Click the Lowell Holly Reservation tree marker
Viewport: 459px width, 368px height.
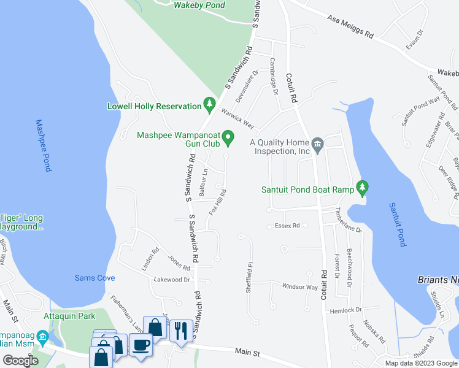click(x=209, y=106)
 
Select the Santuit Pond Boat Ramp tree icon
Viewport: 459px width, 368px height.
click(x=363, y=189)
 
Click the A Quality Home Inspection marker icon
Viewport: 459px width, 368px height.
click(x=318, y=145)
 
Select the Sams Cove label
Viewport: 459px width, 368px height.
click(x=94, y=278)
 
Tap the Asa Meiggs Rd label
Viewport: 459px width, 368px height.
click(x=350, y=27)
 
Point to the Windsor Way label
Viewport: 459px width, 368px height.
click(x=299, y=286)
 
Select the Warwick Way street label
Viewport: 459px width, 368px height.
click(x=237, y=117)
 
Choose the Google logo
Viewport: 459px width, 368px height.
click(x=20, y=361)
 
